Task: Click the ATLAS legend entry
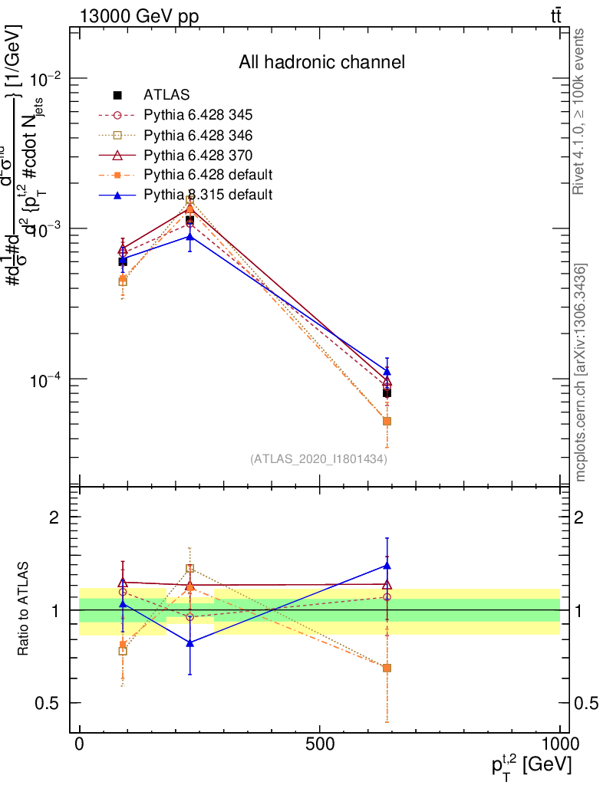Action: pyautogui.click(x=166, y=95)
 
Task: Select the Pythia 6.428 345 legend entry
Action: pyautogui.click(x=198, y=115)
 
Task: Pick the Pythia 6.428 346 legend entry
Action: pyautogui.click(x=198, y=135)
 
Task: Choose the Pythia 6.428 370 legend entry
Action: pyautogui.click(x=198, y=155)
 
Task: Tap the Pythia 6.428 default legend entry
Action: pyautogui.click(x=208, y=175)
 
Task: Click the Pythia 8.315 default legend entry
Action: pyautogui.click(x=208, y=195)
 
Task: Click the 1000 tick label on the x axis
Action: pyautogui.click(x=560, y=744)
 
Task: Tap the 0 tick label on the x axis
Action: pyautogui.click(x=79, y=744)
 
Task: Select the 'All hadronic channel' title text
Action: pyautogui.click(x=321, y=62)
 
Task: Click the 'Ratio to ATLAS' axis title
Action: pyautogui.click(x=26, y=609)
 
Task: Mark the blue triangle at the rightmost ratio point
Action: pyautogui.click(x=387, y=566)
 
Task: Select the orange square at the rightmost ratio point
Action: pyautogui.click(x=387, y=668)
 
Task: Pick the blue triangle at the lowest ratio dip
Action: pyautogui.click(x=190, y=643)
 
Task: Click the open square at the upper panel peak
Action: pyautogui.click(x=190, y=200)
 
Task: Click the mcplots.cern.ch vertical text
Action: pyautogui.click(x=581, y=372)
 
